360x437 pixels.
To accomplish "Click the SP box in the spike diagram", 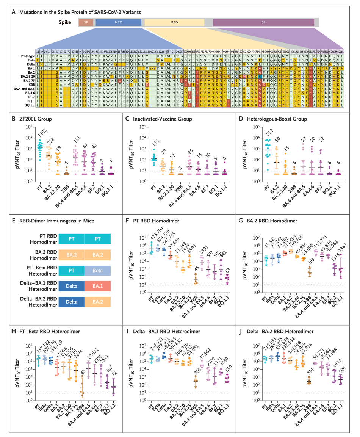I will tap(86, 23).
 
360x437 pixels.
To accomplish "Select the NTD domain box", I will tap(118, 23).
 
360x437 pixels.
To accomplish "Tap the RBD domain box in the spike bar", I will tap(174, 23).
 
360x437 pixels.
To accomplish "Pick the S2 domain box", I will tap(263, 23).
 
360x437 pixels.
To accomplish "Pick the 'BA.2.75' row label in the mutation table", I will tap(28, 80).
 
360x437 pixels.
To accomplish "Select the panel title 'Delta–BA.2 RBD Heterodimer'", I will tap(288, 332).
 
